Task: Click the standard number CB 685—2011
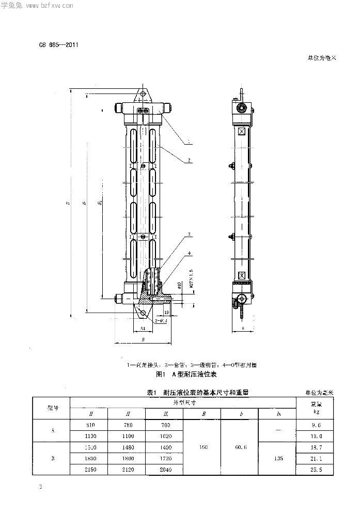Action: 58,44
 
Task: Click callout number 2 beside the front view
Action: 190,161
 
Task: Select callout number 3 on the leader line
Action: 190,235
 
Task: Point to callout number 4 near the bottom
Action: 190,253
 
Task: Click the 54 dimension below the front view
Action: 143,329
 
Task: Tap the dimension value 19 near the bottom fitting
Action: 166,312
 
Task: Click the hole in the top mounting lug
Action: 143,95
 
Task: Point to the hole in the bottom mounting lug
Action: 143,314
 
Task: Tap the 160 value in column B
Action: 202,447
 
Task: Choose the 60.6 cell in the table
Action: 240,447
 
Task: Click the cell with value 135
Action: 277,458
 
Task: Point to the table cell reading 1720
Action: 164,458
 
